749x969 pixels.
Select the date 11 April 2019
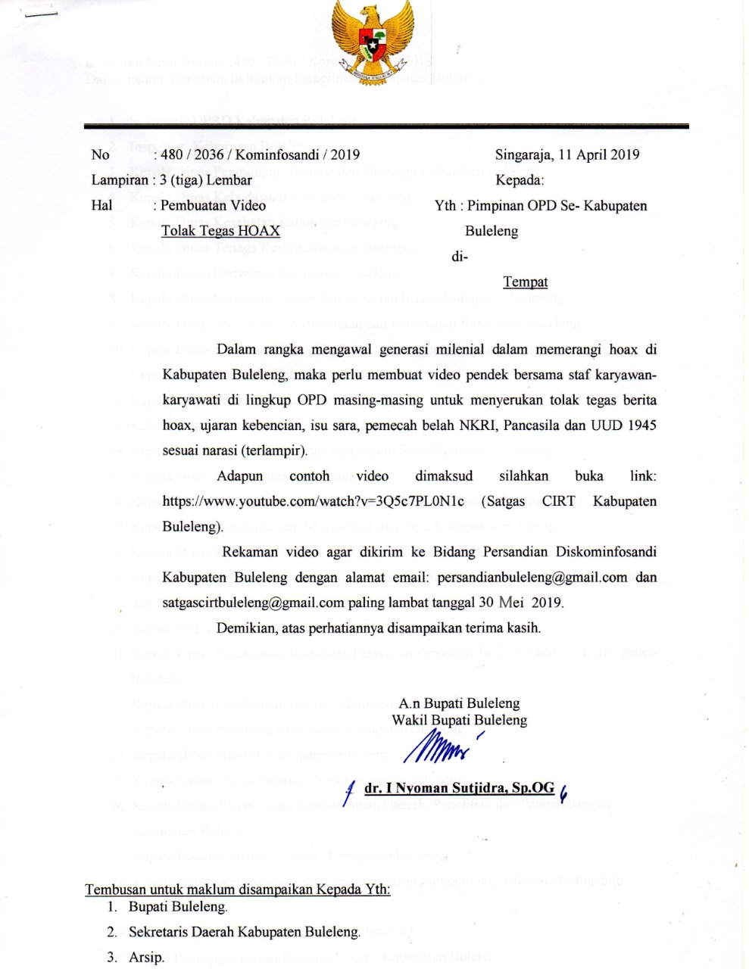coord(598,155)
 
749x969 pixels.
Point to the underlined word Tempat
coord(526,282)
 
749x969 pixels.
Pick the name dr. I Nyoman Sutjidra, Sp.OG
coord(460,789)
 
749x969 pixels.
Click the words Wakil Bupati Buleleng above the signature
coord(459,720)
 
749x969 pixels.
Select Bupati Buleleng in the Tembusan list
coord(177,907)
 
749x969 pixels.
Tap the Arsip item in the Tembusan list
coord(146,958)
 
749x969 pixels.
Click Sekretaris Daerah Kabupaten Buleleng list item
coord(244,932)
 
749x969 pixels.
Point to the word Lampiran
coord(118,180)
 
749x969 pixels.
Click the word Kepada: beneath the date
coord(520,180)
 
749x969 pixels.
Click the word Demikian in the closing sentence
coord(247,628)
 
